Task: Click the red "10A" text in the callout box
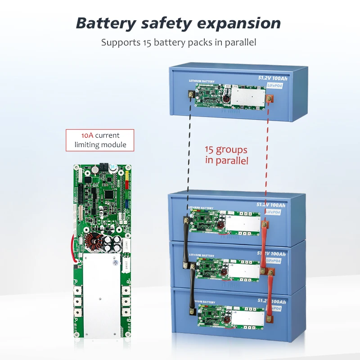pos(88,135)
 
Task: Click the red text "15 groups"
pos(226,150)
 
